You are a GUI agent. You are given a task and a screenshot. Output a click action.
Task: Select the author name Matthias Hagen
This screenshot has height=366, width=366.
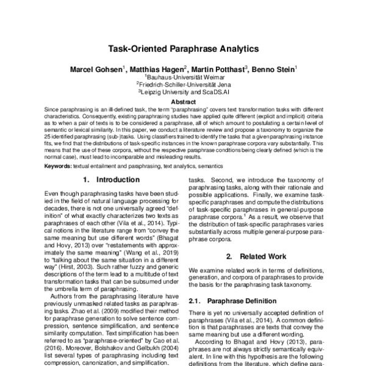(x=156, y=69)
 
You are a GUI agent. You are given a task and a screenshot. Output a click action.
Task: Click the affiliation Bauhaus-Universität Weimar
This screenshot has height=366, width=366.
(x=184, y=77)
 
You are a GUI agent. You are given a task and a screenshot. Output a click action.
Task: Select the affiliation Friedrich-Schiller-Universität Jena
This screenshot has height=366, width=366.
(x=184, y=85)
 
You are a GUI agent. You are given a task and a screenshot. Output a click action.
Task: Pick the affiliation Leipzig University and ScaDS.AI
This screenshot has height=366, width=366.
(x=184, y=92)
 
